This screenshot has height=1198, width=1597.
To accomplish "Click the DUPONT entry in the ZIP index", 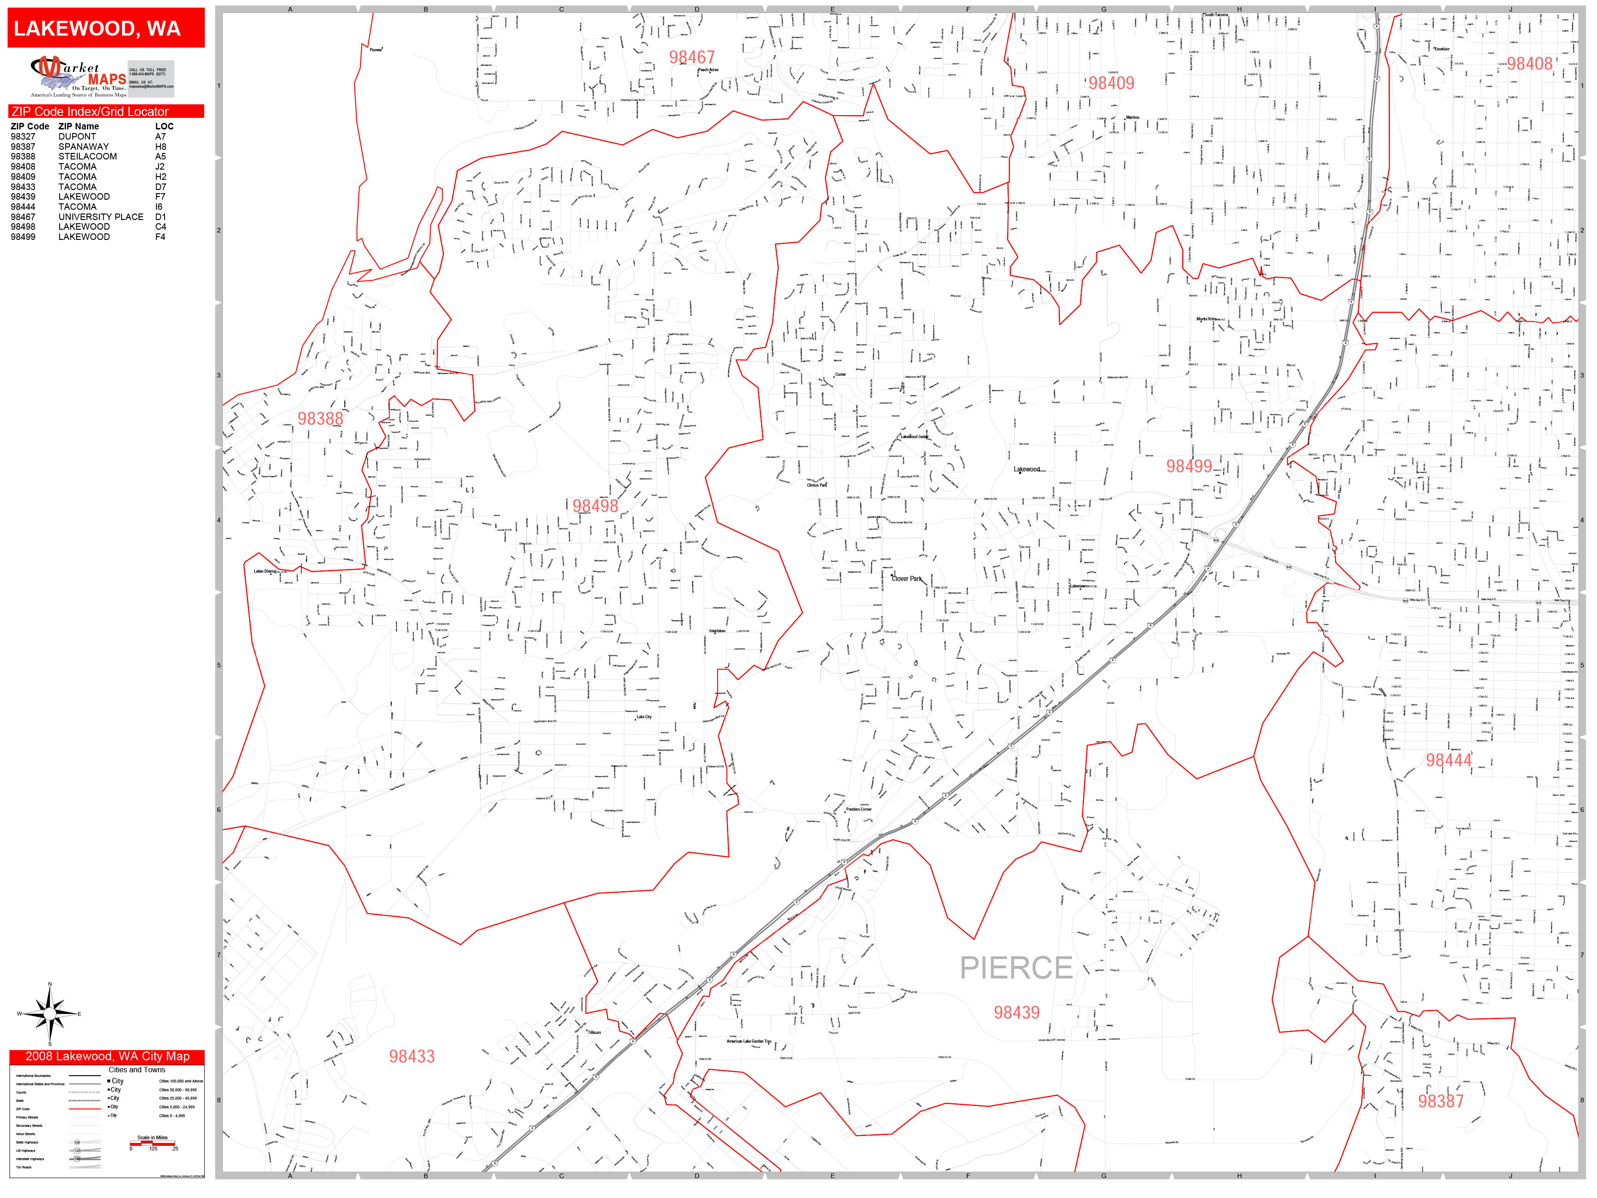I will (x=77, y=136).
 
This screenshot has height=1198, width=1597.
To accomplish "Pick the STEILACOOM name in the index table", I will (x=87, y=156).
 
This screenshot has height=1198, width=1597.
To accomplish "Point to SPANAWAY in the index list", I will (x=84, y=147).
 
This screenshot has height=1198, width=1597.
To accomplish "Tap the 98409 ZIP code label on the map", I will (x=1111, y=83).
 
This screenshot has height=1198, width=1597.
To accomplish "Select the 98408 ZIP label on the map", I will (x=1529, y=64).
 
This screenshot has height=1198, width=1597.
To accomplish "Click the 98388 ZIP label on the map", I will (x=321, y=419).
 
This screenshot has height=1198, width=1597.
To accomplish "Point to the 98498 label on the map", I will (x=595, y=506).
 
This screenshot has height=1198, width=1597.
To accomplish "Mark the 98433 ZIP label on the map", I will (x=412, y=1057).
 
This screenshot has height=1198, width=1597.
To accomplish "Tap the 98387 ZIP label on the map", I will (x=1440, y=1101).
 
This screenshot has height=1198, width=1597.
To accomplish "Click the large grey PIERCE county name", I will (x=1016, y=968).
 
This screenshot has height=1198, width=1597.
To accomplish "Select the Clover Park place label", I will (x=907, y=578).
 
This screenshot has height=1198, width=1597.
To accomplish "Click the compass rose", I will (x=49, y=1014).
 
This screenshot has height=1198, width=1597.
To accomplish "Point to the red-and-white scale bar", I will (x=152, y=1143).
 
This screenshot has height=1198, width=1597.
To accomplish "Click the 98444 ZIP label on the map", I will (x=1448, y=760).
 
